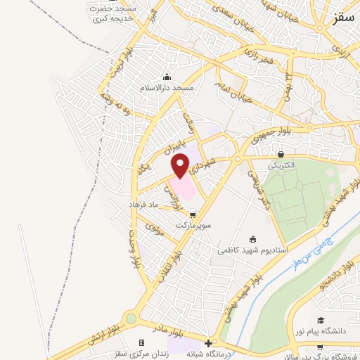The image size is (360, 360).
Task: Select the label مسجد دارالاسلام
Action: tap(167, 89)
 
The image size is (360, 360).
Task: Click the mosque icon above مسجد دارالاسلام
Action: tap(167, 77)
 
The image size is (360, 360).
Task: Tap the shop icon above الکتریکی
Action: tap(281, 155)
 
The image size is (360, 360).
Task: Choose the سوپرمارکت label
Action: tap(193, 226)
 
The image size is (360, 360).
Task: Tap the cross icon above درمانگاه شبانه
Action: tap(206, 342)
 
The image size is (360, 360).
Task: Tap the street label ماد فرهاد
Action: tap(144, 205)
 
